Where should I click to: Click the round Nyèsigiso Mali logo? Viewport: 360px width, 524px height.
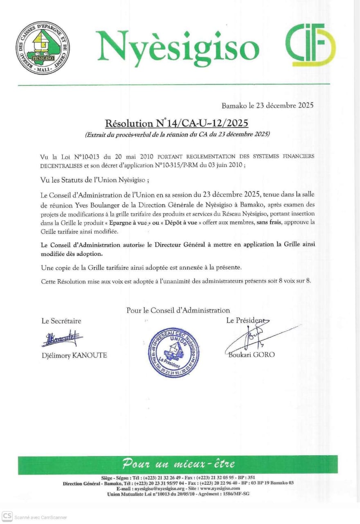click(43, 48)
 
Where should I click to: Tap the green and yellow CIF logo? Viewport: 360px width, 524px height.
click(310, 45)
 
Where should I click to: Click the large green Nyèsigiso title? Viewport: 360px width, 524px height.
click(178, 46)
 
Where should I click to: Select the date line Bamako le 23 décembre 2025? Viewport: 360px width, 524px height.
click(268, 106)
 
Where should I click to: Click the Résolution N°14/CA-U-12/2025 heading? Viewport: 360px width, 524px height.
click(177, 123)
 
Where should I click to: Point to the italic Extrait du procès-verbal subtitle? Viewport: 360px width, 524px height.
click(177, 134)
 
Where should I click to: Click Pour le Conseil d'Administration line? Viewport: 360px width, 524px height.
click(178, 310)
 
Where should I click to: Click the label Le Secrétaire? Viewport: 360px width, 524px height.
click(61, 321)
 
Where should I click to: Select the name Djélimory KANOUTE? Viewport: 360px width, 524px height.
click(74, 355)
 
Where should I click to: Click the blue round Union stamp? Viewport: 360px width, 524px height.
click(174, 352)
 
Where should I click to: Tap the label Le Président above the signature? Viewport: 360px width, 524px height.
click(245, 321)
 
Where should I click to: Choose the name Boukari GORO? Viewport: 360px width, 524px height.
click(252, 355)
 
